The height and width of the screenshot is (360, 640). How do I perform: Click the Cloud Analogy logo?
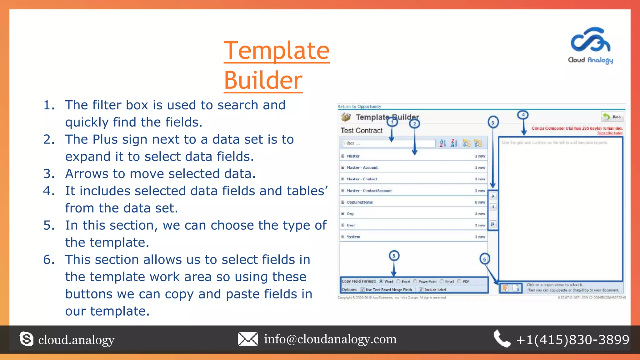point(590,45)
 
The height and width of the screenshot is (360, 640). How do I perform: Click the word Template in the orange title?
point(277,51)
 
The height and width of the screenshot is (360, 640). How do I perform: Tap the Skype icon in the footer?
point(26,339)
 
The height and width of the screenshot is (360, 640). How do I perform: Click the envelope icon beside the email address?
point(248,339)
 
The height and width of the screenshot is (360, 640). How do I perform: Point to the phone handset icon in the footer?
point(502,339)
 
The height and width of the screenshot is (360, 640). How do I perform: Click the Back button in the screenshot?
point(612,117)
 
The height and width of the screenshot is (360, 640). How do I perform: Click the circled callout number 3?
point(493,122)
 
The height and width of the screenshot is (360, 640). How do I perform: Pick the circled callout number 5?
point(394,256)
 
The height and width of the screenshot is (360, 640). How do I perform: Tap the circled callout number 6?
point(484,259)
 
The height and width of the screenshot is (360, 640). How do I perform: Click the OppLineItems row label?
point(359,202)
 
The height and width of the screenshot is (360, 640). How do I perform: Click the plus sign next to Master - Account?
point(343,167)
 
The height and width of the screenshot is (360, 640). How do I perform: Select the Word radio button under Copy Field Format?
point(381,281)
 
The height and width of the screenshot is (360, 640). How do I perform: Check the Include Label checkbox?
point(421,290)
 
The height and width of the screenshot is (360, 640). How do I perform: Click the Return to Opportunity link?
point(359,107)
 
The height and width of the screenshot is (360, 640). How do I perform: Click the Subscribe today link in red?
point(610,133)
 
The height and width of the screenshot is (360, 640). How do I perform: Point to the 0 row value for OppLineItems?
point(480,202)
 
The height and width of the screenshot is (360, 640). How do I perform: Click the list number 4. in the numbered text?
point(49,191)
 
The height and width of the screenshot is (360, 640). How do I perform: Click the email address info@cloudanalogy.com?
point(330,339)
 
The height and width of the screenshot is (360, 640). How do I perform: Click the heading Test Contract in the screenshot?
point(361,131)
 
